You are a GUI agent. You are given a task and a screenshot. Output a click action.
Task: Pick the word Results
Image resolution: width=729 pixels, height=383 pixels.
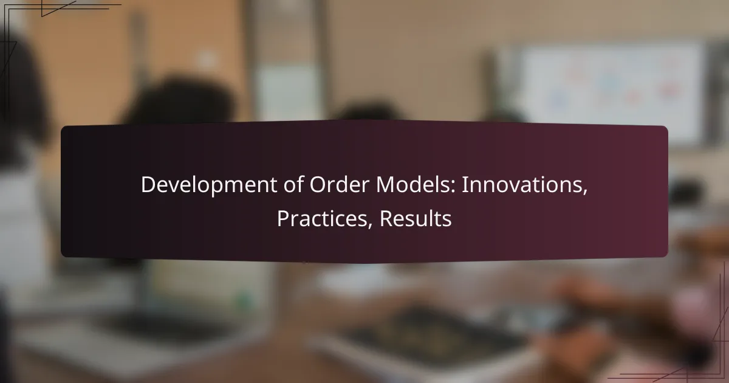[416, 219]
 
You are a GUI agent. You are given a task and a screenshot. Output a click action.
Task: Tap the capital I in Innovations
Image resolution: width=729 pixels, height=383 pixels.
[464, 186]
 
